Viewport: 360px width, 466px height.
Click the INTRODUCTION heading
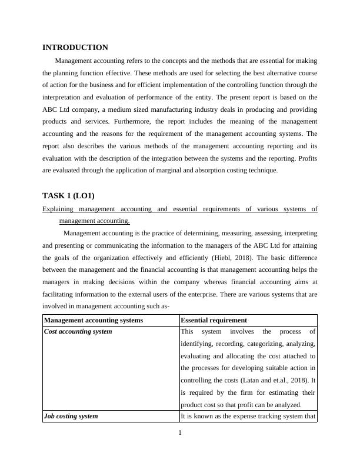pos(75,48)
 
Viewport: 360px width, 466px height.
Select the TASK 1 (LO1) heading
pos(68,195)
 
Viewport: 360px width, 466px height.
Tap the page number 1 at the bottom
pos(180,434)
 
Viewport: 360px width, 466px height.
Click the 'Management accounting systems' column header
pos(94,320)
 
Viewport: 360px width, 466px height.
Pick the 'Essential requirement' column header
pos(214,320)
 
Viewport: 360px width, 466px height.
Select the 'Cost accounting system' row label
pos(78,331)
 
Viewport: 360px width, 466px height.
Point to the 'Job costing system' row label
pos(71,416)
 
